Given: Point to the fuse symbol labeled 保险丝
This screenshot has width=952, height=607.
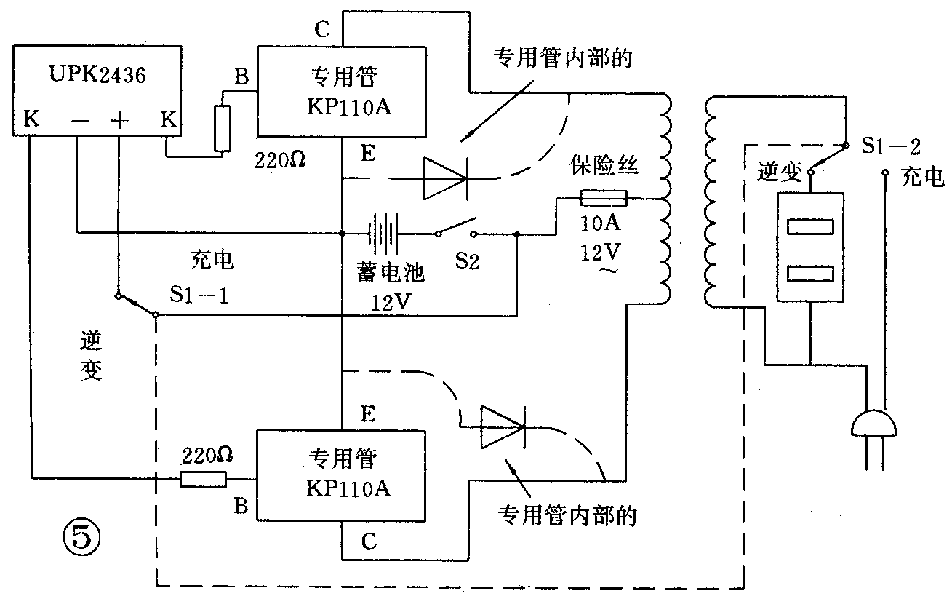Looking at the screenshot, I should (603, 197).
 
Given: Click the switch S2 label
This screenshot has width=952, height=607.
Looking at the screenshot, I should (468, 261).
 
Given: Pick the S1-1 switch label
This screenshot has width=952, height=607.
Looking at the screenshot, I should (195, 295).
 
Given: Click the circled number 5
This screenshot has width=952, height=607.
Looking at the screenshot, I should (80, 539).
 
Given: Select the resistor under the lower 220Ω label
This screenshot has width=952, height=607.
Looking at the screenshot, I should (203, 479).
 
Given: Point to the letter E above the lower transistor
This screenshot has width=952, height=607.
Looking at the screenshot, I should (368, 415).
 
